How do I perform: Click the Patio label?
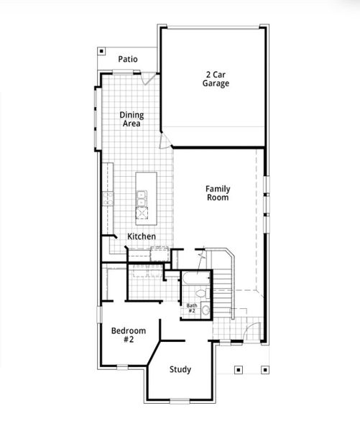(x=129, y=59)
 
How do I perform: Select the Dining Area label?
(x=131, y=119)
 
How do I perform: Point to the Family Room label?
(x=218, y=193)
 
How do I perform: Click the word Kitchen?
(x=142, y=236)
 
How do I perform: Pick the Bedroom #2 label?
(x=128, y=335)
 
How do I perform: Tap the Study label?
(x=180, y=369)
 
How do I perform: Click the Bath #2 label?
(x=192, y=307)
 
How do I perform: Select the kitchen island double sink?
(x=142, y=195)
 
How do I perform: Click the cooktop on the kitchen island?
(x=142, y=213)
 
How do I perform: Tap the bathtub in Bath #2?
(x=193, y=279)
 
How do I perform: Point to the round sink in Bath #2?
(x=205, y=310)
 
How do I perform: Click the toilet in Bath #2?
(x=200, y=295)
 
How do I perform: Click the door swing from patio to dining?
(x=147, y=79)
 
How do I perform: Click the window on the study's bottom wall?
(x=180, y=400)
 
